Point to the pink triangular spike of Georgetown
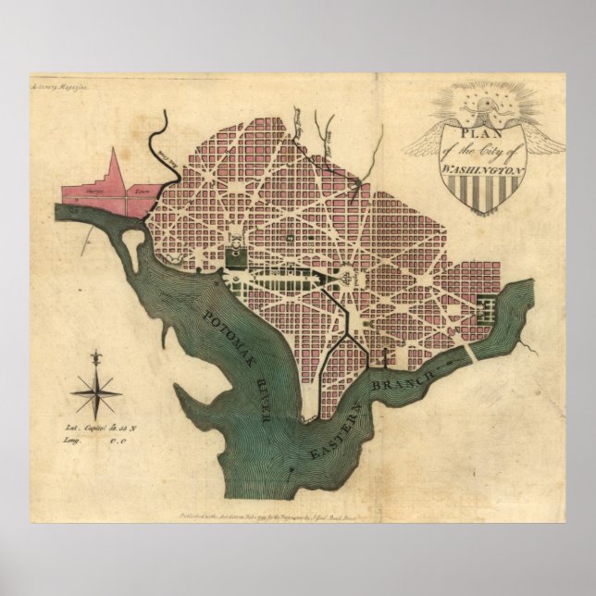[x=117, y=170]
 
